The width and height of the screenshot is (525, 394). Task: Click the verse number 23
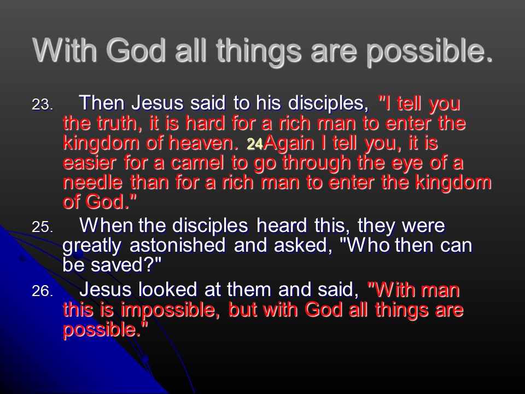[x=43, y=105]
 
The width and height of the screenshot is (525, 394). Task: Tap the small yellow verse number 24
[x=255, y=144]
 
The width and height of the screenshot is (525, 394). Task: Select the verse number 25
[x=43, y=227]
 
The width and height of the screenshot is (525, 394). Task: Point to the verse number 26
[x=43, y=291]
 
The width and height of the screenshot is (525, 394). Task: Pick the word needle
[x=92, y=183]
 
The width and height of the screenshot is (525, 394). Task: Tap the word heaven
[x=203, y=143]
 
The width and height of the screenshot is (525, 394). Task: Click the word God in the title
[x=136, y=50]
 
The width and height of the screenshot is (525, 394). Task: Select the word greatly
[x=92, y=246]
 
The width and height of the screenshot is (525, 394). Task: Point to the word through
[x=316, y=164]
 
